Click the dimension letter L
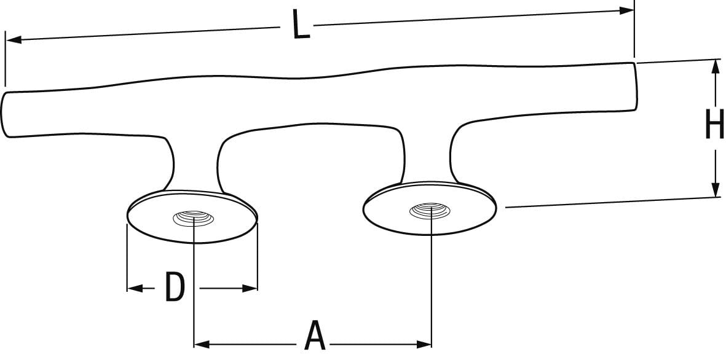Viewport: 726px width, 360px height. [x=301, y=27]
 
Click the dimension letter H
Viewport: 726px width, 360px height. [x=714, y=127]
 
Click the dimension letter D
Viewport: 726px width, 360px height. [x=175, y=288]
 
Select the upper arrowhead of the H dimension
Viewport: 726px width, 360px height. [x=715, y=66]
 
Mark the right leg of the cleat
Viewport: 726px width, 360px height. [x=428, y=154]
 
